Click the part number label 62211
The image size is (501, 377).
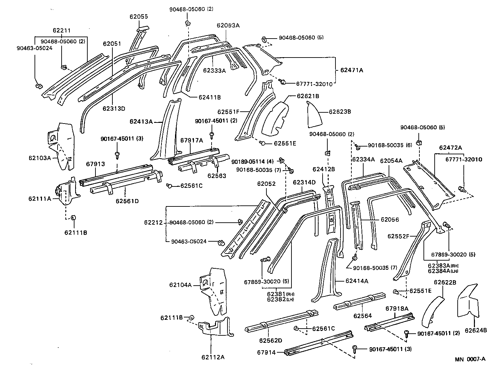(62, 30)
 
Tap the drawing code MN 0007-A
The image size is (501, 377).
(470, 359)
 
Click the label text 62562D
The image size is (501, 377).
(270, 340)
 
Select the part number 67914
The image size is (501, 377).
(268, 352)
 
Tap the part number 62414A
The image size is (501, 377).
(357, 281)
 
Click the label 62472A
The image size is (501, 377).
(451, 148)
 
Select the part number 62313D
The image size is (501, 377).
(114, 109)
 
